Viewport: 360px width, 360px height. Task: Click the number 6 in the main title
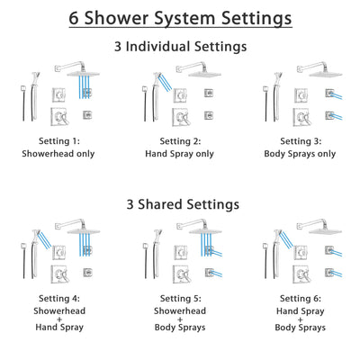tap(75, 18)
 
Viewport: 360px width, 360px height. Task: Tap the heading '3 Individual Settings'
tap(180, 46)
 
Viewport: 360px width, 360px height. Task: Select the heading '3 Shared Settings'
tap(180, 204)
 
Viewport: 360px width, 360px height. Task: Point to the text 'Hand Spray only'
tap(180, 154)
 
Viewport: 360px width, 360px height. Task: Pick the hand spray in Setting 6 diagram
tap(275, 246)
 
